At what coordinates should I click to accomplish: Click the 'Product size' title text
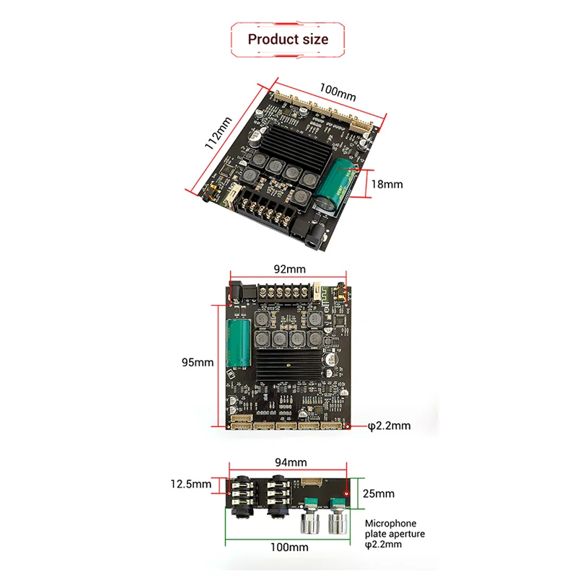click(x=288, y=39)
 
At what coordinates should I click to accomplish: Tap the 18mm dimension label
click(x=387, y=184)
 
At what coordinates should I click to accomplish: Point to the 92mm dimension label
click(x=288, y=269)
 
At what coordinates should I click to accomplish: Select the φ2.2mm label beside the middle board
click(x=389, y=426)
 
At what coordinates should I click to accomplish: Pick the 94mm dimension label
click(x=290, y=462)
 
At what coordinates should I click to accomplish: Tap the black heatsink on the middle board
click(x=290, y=364)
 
